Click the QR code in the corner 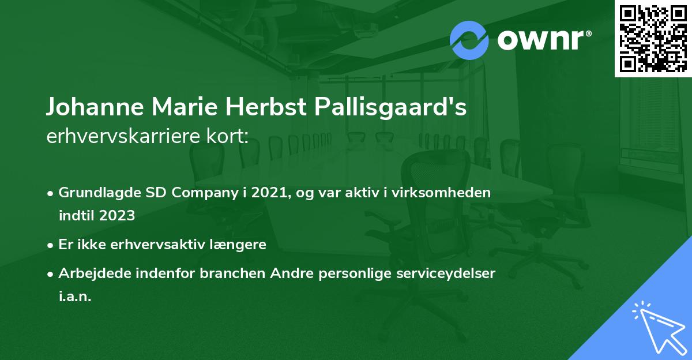pos(652,38)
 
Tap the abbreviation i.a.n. pos(75,297)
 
